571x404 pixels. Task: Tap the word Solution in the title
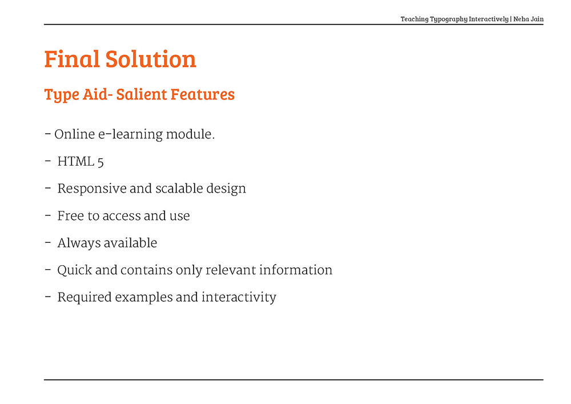151,59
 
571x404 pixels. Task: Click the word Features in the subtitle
203,94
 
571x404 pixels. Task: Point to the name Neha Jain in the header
528,19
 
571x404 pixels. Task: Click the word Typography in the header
449,19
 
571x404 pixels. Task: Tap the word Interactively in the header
489,19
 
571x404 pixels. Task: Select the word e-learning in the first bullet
130,134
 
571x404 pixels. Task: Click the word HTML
76,161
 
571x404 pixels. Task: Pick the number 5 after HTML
100,162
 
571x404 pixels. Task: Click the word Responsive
92,189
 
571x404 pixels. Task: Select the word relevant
231,270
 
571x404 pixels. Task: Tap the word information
296,270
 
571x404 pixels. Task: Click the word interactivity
239,297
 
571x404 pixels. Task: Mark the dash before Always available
48,242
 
